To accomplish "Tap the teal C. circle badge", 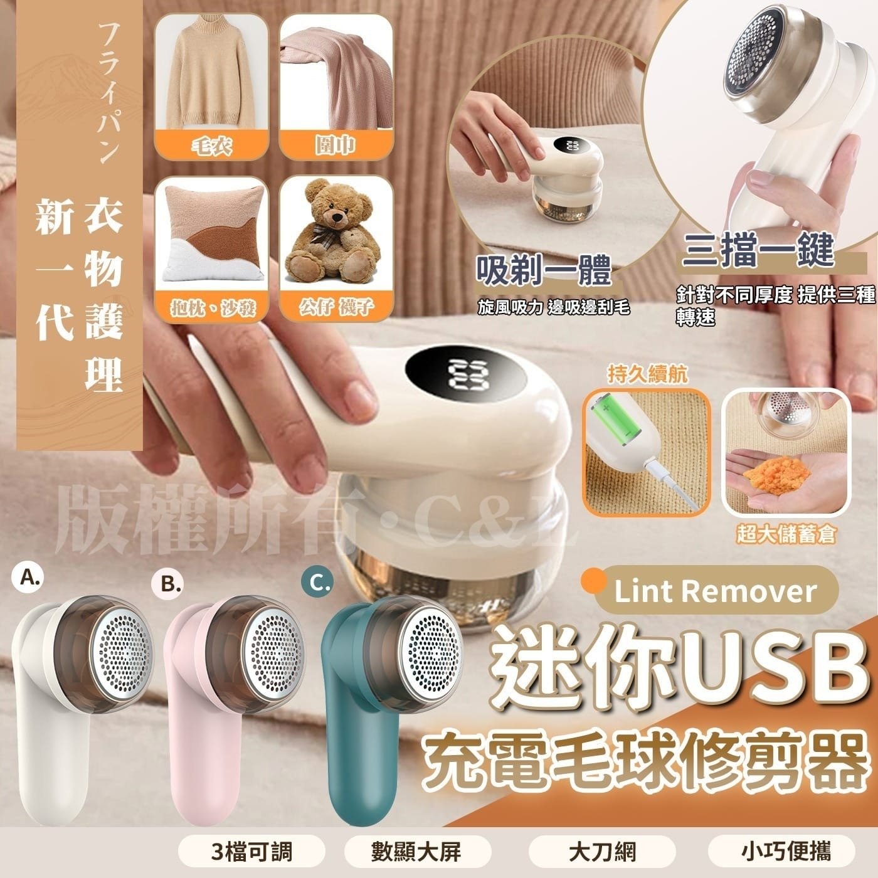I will coord(319,584).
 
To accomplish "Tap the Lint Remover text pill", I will coord(715,591).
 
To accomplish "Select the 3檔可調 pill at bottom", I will coord(251,852).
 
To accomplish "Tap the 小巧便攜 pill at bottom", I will coord(781,852).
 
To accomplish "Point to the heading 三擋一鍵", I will coord(759,251).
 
